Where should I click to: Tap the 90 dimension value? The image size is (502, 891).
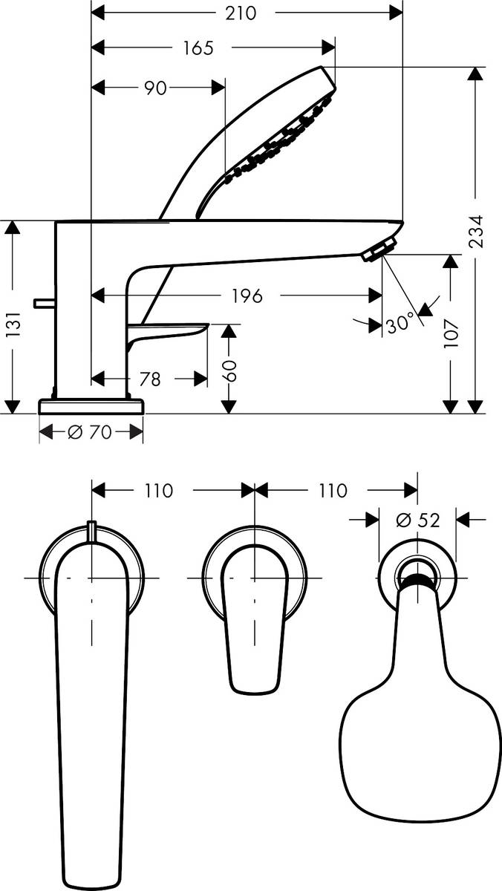[x=154, y=88]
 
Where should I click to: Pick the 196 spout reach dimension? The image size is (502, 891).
[x=247, y=296]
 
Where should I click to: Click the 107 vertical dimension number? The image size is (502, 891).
[x=453, y=324]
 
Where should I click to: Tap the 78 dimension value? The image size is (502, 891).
[x=150, y=379]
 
